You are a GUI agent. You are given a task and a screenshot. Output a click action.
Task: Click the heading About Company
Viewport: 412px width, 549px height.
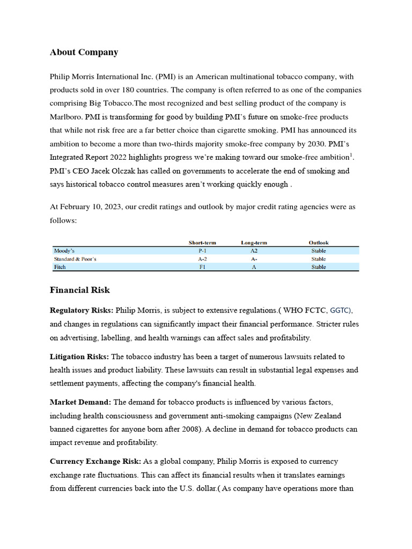tap(84, 53)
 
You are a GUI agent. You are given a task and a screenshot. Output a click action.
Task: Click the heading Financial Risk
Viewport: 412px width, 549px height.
tap(80, 290)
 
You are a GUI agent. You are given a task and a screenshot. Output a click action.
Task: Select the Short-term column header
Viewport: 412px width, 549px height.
tap(202, 243)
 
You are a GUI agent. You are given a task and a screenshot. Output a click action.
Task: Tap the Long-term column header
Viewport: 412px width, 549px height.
tap(254, 243)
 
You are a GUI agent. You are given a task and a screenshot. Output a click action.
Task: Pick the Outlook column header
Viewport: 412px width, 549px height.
tap(319, 243)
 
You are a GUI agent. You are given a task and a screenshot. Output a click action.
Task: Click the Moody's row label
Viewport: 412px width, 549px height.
tap(64, 251)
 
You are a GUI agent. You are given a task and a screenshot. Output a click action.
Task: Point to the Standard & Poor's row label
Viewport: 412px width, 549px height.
tap(75, 259)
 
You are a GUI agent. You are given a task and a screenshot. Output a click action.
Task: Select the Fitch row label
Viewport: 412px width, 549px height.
tap(60, 267)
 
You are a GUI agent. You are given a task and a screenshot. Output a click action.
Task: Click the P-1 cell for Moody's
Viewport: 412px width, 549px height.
tap(202, 251)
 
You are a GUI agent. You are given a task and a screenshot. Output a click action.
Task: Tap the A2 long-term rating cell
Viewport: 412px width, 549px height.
tap(254, 251)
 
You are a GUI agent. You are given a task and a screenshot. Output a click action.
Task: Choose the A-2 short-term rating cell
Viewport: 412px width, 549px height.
tap(202, 259)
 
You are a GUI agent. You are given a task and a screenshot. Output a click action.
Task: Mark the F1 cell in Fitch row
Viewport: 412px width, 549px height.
tap(202, 267)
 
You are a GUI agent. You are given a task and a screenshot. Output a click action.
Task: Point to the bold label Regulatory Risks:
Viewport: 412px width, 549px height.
tap(82, 310)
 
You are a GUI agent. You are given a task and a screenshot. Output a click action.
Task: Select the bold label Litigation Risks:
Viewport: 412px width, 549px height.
tap(79, 357)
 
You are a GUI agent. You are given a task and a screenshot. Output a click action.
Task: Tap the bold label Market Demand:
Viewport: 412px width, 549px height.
tap(80, 402)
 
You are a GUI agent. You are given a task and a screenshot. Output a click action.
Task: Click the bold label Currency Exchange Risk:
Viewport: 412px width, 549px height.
tap(95, 461)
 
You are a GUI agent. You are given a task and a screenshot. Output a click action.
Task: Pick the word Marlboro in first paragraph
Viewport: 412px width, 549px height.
tap(66, 117)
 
